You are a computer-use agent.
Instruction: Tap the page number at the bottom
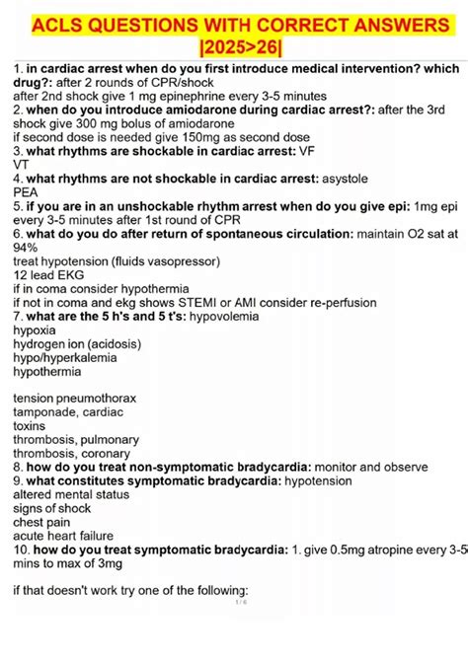(240, 601)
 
